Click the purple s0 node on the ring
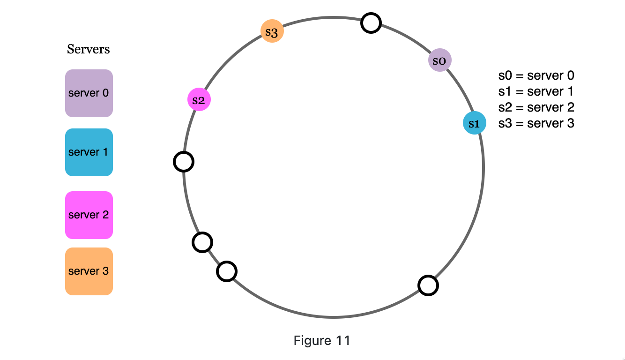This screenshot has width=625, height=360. pyautogui.click(x=440, y=60)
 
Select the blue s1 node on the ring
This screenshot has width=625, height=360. pyautogui.click(x=474, y=123)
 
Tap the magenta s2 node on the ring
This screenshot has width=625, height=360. pyautogui.click(x=199, y=100)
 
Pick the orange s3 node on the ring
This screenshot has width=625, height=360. pyautogui.click(x=272, y=32)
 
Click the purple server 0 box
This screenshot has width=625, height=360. pyautogui.click(x=89, y=93)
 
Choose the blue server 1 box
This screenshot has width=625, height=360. pyautogui.click(x=89, y=152)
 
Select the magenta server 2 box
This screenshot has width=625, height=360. pyautogui.click(x=89, y=215)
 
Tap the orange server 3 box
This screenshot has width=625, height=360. pyautogui.click(x=89, y=271)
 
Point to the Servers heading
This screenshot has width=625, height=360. pyautogui.click(x=89, y=49)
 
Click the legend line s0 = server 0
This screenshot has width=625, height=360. pyautogui.click(x=536, y=75)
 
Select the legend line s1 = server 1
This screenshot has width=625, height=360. pyautogui.click(x=536, y=91)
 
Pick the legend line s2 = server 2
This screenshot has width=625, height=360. pyautogui.click(x=536, y=107)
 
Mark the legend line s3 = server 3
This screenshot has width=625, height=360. pyautogui.click(x=536, y=123)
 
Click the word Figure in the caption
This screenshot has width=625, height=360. pyautogui.click(x=311, y=340)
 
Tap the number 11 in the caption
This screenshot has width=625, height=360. pyautogui.click(x=343, y=340)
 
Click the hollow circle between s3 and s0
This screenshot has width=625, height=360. pyautogui.click(x=371, y=23)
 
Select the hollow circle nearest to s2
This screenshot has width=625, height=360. pyautogui.click(x=184, y=162)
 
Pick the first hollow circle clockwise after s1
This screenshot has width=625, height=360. pyautogui.click(x=428, y=285)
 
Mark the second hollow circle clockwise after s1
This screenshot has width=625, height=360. pyautogui.click(x=227, y=271)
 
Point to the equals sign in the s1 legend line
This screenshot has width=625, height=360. pyautogui.click(x=519, y=92)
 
